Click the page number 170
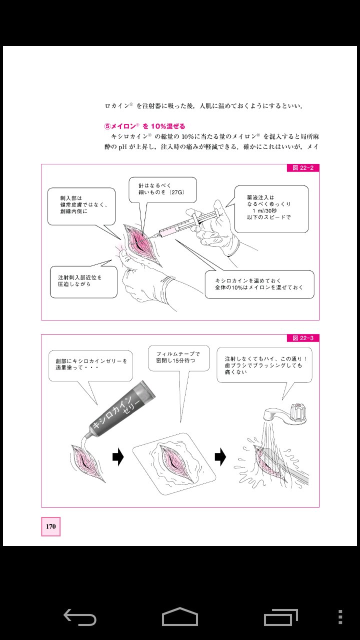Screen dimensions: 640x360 [50, 526]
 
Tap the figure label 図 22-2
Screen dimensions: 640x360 [302, 168]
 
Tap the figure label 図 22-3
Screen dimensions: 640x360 [302, 338]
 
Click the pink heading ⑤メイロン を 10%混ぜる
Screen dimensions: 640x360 [144, 126]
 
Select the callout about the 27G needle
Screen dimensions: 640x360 [162, 190]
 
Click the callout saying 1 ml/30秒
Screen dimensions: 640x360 [271, 208]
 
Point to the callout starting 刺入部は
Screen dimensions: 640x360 [81, 205]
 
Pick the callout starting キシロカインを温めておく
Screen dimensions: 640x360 [260, 284]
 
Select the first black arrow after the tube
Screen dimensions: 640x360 [117, 456]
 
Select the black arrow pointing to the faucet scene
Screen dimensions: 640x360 [220, 456]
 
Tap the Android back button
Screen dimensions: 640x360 [80, 617]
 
